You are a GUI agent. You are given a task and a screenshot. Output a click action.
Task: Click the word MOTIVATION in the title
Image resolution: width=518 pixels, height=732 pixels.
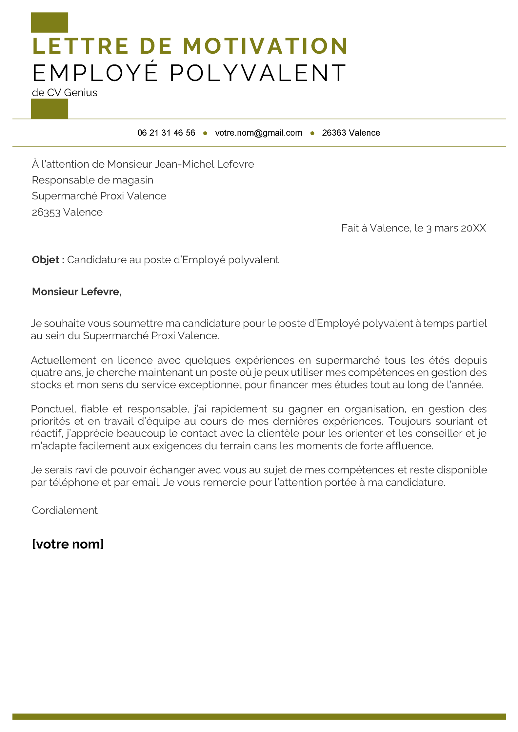[x=265, y=46]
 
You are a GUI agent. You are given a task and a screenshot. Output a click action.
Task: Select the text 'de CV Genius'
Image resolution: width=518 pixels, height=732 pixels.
[x=65, y=93]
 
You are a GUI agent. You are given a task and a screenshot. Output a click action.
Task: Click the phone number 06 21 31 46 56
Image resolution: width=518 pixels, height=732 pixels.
[x=166, y=133]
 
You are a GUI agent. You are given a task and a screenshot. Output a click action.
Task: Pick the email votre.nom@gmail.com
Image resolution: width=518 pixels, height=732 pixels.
[x=258, y=133]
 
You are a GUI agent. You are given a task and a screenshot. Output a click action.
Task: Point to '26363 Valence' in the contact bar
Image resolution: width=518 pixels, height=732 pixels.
[x=351, y=133]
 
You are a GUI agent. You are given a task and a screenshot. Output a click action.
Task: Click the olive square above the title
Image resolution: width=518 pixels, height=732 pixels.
[x=50, y=23]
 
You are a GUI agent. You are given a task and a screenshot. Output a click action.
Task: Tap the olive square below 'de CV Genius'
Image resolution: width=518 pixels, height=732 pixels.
[x=50, y=108]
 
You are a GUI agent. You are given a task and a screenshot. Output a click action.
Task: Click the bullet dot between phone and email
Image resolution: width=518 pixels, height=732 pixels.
[x=205, y=133]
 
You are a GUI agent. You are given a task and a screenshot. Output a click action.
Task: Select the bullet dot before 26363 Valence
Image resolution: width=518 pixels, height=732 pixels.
[x=312, y=133]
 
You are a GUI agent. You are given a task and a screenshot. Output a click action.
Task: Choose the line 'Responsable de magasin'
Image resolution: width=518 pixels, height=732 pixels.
[x=92, y=180]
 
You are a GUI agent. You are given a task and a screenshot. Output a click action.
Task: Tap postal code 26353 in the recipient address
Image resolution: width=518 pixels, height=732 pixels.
[x=46, y=212]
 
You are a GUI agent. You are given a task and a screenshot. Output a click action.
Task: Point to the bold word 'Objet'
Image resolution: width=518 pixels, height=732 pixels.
[x=46, y=260]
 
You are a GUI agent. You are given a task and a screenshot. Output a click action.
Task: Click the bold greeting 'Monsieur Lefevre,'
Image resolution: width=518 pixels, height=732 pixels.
[x=77, y=291]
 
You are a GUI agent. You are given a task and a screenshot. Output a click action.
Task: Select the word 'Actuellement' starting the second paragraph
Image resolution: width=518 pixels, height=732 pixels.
[x=63, y=360]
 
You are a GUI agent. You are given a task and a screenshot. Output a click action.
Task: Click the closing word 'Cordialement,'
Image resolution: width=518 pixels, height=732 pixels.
[x=66, y=510]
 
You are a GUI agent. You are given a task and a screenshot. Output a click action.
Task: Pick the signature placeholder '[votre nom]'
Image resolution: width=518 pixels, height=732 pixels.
[x=68, y=544]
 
